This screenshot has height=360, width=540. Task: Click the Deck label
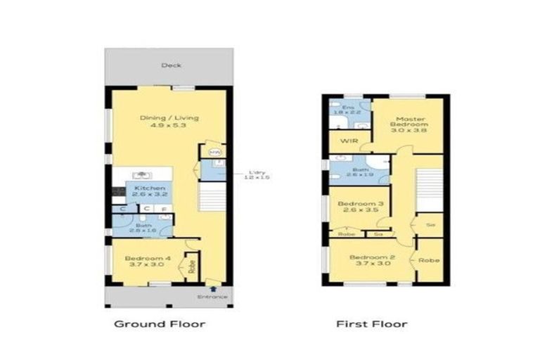tap(171, 65)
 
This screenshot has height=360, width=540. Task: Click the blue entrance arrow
tap(213, 288)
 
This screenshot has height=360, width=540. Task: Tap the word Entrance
tap(213, 297)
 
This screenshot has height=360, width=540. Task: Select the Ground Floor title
tap(160, 324)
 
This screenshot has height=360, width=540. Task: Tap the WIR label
tap(349, 141)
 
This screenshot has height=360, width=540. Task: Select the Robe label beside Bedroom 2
tap(429, 260)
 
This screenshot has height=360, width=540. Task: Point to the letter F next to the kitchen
tap(165, 209)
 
